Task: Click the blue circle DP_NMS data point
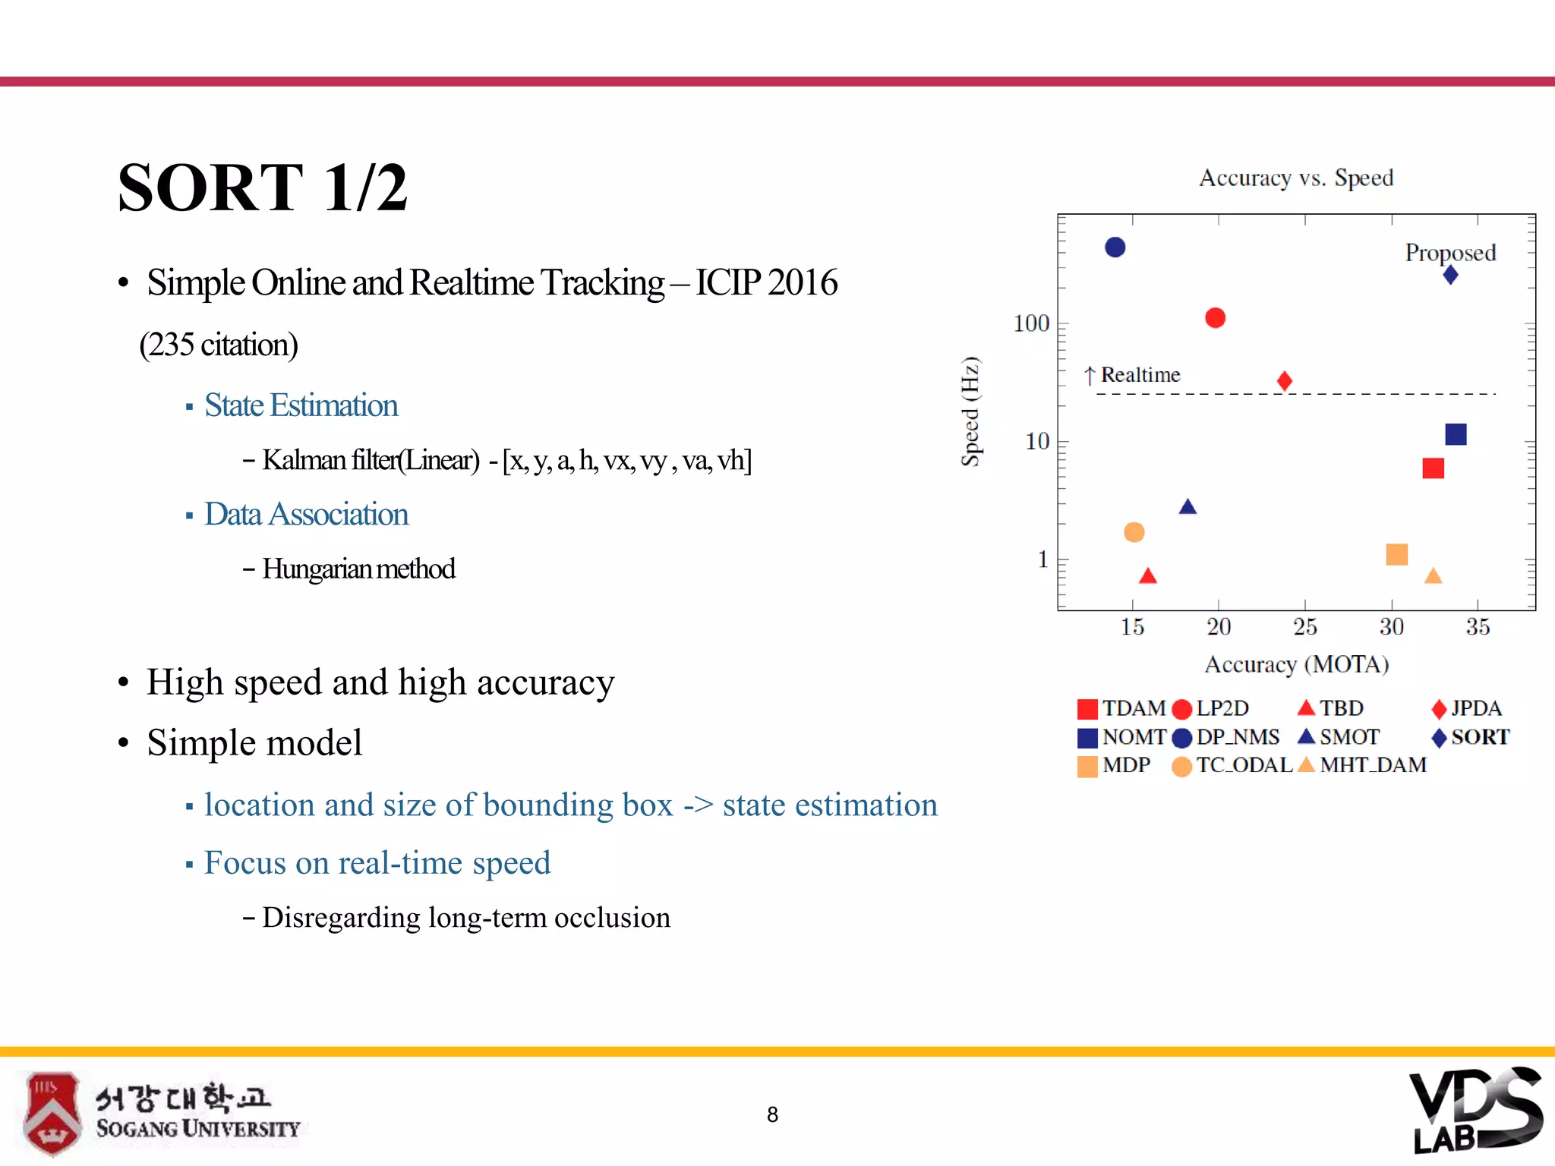point(1115,247)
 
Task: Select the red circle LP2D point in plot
point(1215,318)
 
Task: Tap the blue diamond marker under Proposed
point(1450,275)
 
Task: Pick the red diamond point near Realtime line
point(1285,381)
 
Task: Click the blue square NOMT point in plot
point(1456,434)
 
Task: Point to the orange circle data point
point(1134,532)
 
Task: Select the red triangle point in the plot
point(1148,577)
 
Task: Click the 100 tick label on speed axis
point(1031,324)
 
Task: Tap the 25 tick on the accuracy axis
point(1304,627)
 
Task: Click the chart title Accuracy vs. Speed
point(1296,178)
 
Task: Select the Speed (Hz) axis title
point(970,411)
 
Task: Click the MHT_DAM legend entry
point(1372,765)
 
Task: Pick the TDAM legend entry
point(1133,708)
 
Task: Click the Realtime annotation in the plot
point(1140,375)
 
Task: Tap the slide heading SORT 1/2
point(263,188)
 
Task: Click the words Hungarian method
point(358,569)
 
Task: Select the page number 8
point(772,1114)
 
